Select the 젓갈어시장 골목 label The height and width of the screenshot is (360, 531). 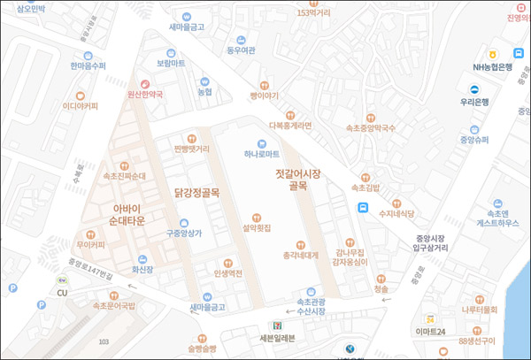(297, 180)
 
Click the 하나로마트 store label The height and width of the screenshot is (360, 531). (263, 155)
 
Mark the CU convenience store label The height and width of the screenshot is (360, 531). (62, 292)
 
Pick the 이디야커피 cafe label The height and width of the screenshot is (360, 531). (81, 105)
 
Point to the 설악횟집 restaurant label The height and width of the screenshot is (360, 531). (258, 226)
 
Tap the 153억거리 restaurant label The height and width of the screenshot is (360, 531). (313, 12)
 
